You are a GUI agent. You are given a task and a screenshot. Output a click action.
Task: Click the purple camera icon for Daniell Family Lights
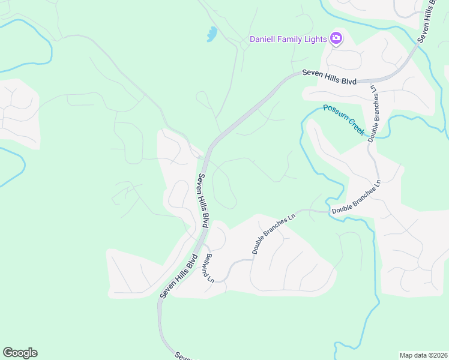click(336, 40)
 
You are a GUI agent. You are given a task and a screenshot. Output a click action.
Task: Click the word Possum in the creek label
click(334, 112)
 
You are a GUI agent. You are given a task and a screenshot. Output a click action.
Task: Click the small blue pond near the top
click(212, 34)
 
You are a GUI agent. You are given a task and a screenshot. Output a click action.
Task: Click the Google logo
click(20, 353)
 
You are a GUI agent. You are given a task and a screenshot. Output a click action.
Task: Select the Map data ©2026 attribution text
click(423, 355)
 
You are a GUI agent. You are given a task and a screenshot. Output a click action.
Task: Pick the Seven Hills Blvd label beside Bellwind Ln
click(178, 277)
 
